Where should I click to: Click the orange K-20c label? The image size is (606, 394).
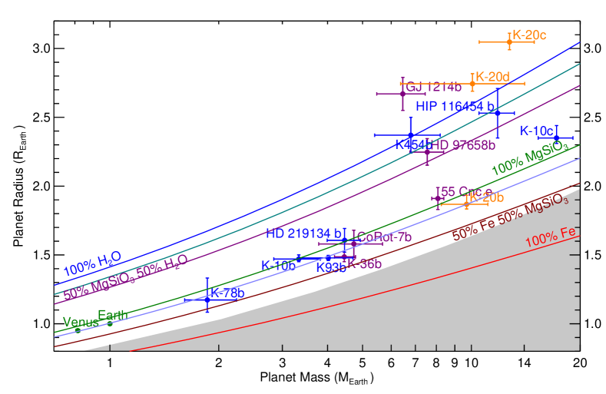pyautogui.click(x=529, y=35)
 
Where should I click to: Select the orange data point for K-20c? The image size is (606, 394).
pyautogui.click(x=509, y=41)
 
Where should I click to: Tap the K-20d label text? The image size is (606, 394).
pyautogui.click(x=492, y=77)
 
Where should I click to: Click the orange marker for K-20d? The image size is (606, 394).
pyautogui.click(x=472, y=83)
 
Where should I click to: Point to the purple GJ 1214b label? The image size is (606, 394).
pyautogui.click(x=433, y=87)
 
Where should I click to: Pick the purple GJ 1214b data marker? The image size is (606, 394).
pyautogui.click(x=402, y=94)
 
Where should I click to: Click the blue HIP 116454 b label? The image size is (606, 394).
pyautogui.click(x=456, y=105)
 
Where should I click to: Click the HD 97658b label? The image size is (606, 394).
pyautogui.click(x=462, y=145)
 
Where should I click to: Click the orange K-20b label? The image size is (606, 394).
pyautogui.click(x=486, y=197)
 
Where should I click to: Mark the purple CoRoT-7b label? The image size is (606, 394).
pyautogui.click(x=385, y=237)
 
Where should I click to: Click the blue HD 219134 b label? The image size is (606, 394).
pyautogui.click(x=304, y=233)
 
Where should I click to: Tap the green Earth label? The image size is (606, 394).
pyautogui.click(x=112, y=316)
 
